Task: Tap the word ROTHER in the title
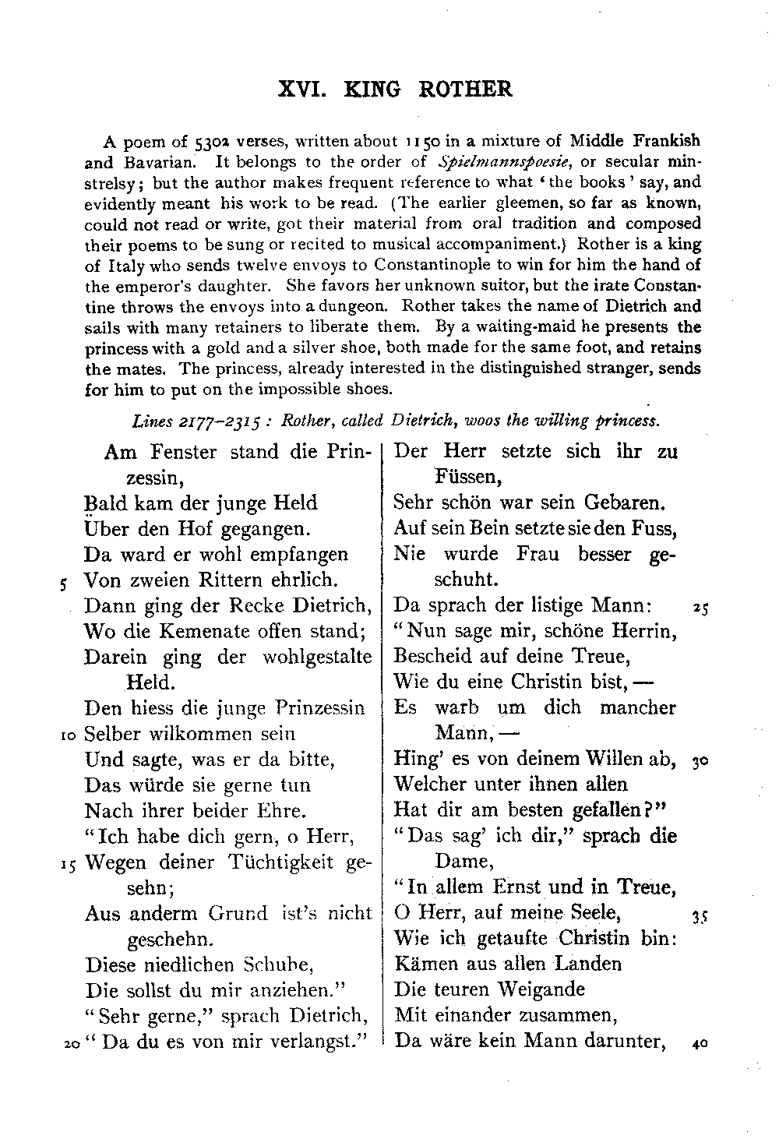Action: (x=466, y=90)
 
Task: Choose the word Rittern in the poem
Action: (x=222, y=580)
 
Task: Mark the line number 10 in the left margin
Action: (x=69, y=735)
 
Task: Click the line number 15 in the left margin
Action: (x=69, y=863)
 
